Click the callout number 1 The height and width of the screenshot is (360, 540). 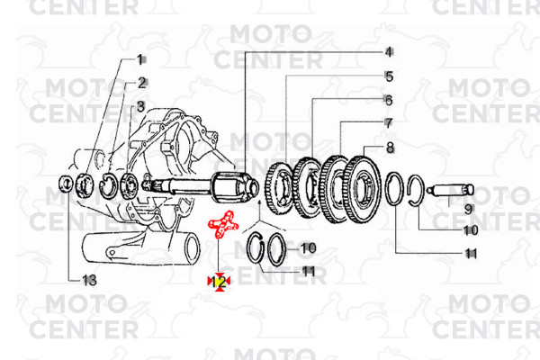(x=139, y=59)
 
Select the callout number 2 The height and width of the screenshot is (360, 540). (x=142, y=83)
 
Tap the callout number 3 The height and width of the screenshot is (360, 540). (x=140, y=106)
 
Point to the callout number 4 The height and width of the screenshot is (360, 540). (x=389, y=52)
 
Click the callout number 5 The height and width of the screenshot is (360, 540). (x=390, y=76)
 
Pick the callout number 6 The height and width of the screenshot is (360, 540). (x=389, y=100)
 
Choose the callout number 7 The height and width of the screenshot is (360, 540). (x=389, y=123)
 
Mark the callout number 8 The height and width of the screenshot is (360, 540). (x=390, y=148)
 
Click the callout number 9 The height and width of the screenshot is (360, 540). (x=468, y=209)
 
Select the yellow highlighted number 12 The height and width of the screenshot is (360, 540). (x=219, y=282)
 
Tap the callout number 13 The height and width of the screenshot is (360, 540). (x=89, y=280)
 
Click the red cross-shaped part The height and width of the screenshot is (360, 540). (x=222, y=224)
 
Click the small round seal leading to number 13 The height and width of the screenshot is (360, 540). (x=66, y=184)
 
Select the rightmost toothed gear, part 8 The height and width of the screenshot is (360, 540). (x=362, y=190)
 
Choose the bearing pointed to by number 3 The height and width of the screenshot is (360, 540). (x=130, y=185)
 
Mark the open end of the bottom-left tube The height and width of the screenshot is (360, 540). (x=193, y=248)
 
